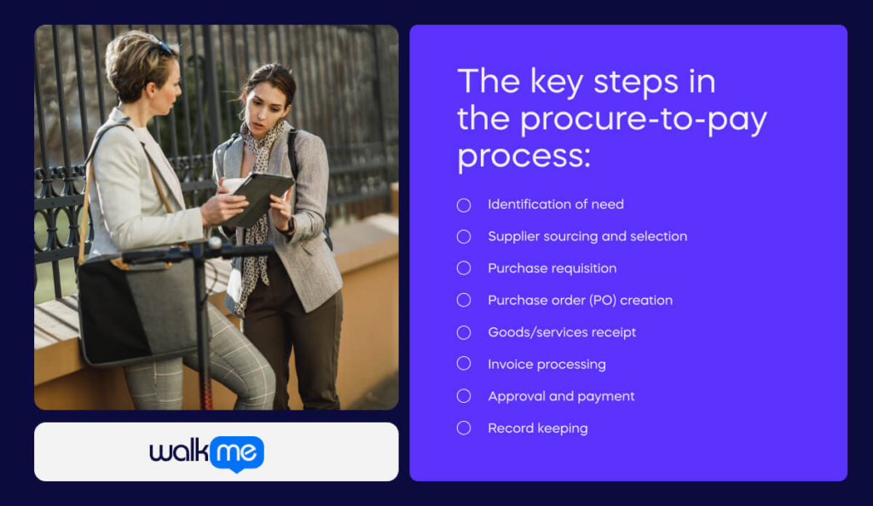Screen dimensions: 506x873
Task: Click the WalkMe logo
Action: (x=207, y=452)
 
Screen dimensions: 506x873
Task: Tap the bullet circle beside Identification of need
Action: (x=464, y=204)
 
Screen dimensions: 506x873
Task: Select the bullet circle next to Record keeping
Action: (x=464, y=428)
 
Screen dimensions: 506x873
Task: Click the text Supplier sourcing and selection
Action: (x=587, y=236)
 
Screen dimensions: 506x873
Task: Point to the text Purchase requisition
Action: (x=552, y=268)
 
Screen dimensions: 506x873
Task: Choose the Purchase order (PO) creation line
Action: (x=580, y=300)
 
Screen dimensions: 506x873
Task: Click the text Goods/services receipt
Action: (x=562, y=332)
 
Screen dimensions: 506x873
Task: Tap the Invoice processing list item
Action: (x=546, y=364)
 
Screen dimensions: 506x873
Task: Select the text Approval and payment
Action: (x=561, y=396)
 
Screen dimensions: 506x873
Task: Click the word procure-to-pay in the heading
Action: (x=644, y=120)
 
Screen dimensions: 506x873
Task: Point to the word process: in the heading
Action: (x=523, y=156)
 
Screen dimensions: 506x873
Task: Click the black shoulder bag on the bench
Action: (x=136, y=307)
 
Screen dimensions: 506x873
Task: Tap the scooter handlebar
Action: (x=196, y=250)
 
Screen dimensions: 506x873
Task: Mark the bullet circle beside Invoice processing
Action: (x=464, y=364)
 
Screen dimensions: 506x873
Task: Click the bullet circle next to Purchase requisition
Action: (x=464, y=268)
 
